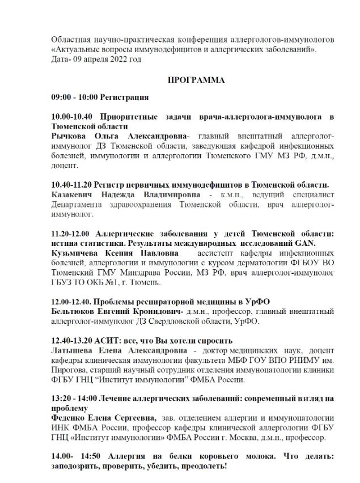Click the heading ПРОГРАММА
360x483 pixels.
point(196,80)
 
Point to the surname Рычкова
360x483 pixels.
point(69,137)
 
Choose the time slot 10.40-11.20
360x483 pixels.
point(73,185)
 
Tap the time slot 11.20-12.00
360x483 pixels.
point(72,233)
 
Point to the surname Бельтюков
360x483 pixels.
point(74,312)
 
